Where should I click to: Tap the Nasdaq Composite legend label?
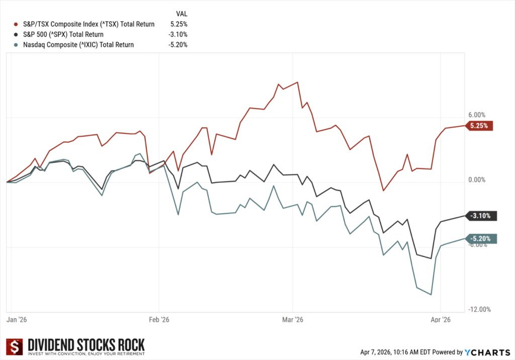(x=78, y=45)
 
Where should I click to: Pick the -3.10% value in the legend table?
(x=179, y=34)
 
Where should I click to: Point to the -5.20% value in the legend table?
(x=179, y=45)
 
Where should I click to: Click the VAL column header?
(x=181, y=14)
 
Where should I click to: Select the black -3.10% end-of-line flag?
(x=481, y=216)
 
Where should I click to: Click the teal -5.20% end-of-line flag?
(x=481, y=239)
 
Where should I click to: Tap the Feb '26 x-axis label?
(x=158, y=319)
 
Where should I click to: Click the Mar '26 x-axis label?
(x=293, y=319)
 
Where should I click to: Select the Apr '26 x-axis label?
(x=440, y=319)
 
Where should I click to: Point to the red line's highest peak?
(x=298, y=82)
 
